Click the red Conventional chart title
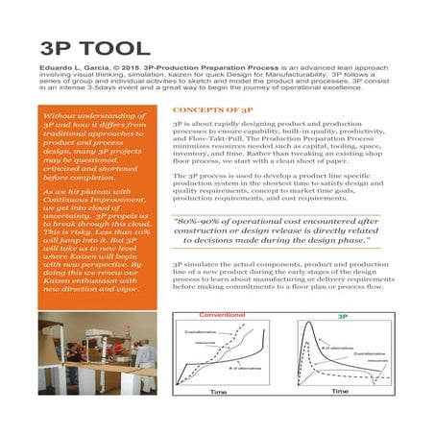pos(224,316)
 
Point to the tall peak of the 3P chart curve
pos(310,326)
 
